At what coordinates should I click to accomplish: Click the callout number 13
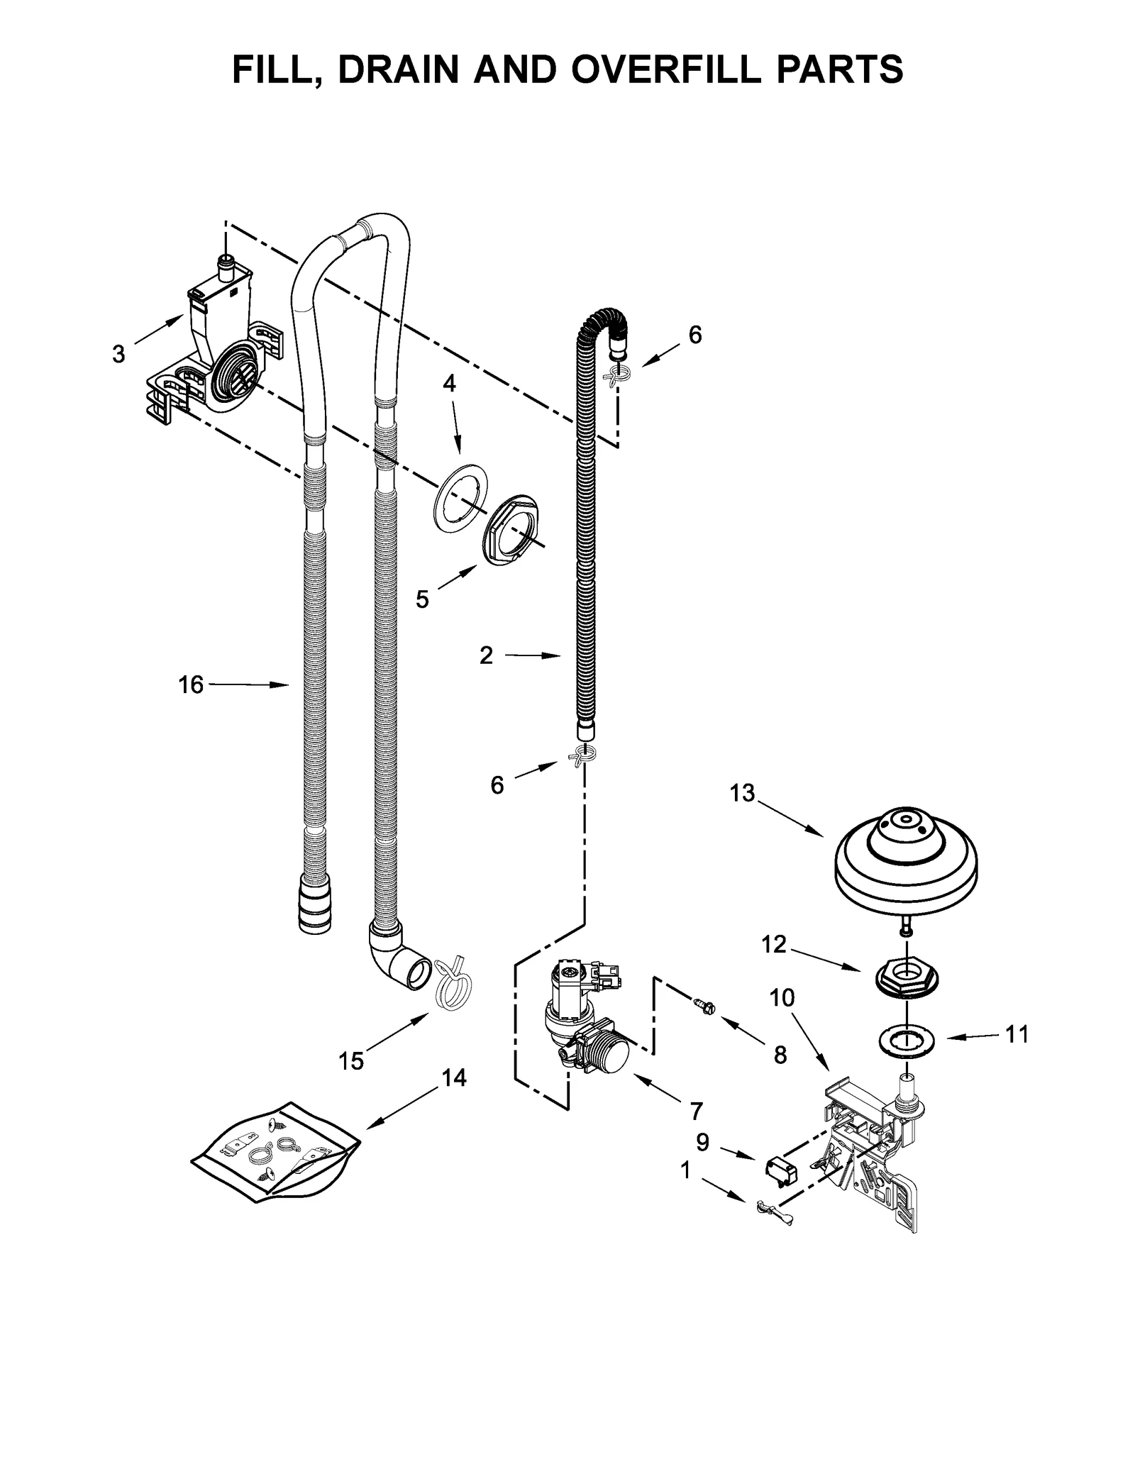coord(742,793)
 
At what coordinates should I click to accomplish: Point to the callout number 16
coord(191,684)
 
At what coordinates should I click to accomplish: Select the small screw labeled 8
coord(704,1005)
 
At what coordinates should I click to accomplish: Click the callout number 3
coord(118,353)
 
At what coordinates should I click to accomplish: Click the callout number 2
coord(485,655)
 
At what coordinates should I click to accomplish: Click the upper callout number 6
coord(694,335)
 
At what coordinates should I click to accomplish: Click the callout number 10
coord(782,998)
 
